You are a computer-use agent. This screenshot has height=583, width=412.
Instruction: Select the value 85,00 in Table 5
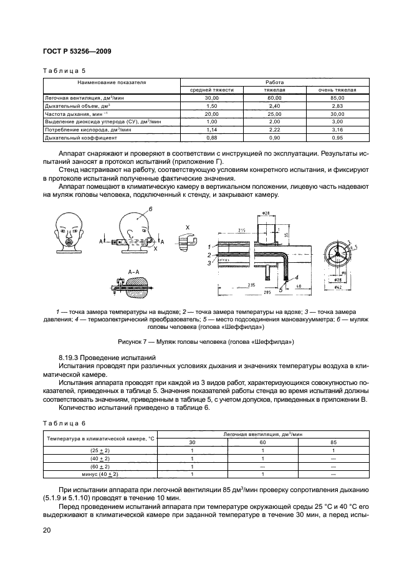[x=337, y=98]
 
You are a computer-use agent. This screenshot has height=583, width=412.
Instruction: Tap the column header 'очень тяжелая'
[x=337, y=90]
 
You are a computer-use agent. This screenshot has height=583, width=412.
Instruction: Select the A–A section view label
[x=133, y=272]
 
